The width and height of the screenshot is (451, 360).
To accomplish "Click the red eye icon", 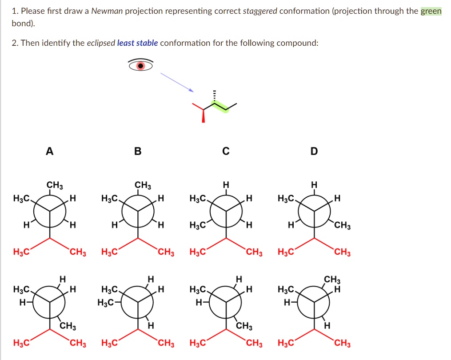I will click(140, 66).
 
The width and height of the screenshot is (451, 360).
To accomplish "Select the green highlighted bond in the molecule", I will click(220, 107).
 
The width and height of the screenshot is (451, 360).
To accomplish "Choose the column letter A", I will click(50, 152).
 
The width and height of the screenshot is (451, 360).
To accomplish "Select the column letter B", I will click(138, 152).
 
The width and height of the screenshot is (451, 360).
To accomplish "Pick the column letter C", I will click(226, 152).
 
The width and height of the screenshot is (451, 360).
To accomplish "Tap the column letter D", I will click(314, 152).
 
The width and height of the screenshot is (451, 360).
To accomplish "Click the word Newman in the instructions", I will click(106, 11).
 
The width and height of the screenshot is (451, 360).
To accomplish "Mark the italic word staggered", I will click(260, 11).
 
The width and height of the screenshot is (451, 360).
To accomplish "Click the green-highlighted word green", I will click(431, 11).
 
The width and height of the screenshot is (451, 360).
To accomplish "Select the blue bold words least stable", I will click(137, 43).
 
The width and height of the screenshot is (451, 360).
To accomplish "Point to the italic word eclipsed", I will click(100, 43).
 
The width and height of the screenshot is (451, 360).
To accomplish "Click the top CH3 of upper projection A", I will click(55, 185).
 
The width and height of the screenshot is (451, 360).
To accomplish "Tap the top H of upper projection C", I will click(226, 185).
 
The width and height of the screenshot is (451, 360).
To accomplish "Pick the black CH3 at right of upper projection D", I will click(343, 227).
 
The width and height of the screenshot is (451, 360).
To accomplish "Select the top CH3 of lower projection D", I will click(332, 280).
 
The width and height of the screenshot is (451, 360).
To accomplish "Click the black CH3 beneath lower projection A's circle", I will click(68, 327).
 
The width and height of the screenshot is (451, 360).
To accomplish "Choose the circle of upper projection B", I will click(138, 212).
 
